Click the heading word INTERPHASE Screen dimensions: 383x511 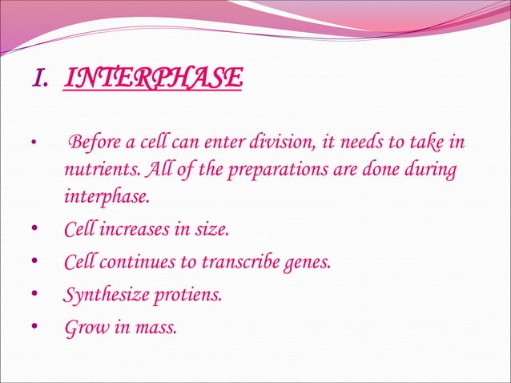point(152,79)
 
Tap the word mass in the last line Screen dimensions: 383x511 point(155,327)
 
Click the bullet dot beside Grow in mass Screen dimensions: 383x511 point(33,327)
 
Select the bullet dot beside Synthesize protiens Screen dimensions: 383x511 point(33,295)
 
